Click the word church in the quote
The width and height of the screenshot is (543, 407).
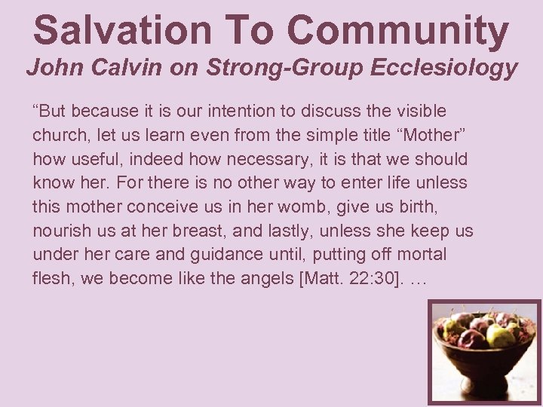click(x=57, y=136)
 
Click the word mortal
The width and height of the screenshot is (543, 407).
click(x=423, y=255)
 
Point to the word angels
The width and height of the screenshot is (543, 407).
click(x=268, y=279)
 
